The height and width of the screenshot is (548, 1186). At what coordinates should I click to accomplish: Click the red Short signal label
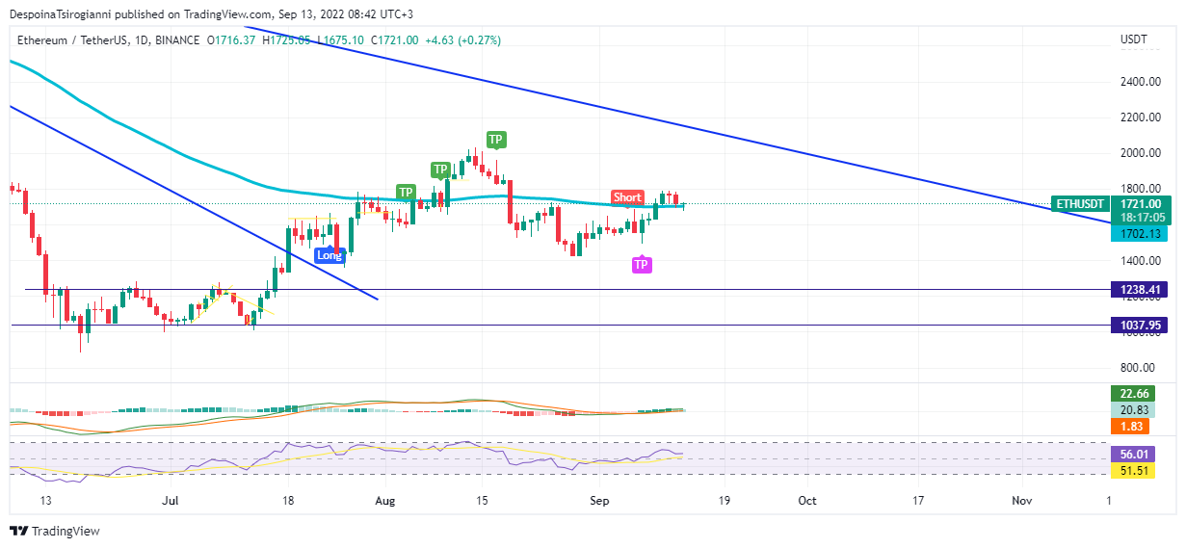627,197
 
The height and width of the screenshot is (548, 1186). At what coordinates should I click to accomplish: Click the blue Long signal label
329,255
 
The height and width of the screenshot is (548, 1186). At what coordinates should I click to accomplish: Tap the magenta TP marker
641,265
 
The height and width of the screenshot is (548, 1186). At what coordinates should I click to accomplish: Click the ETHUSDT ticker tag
1078,204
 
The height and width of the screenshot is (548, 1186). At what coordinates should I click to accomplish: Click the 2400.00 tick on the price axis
1140,82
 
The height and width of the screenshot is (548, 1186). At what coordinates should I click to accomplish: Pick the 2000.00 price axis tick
1140,153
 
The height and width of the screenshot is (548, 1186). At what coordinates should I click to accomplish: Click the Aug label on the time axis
385,501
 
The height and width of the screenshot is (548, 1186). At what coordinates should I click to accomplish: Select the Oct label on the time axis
807,501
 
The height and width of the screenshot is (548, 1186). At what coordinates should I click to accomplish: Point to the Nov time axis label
1022,501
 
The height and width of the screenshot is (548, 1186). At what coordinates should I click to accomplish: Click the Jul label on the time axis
171,501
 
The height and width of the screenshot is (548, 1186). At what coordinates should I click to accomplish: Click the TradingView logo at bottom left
55,532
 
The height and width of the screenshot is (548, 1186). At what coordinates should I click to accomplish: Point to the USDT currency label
1134,39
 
